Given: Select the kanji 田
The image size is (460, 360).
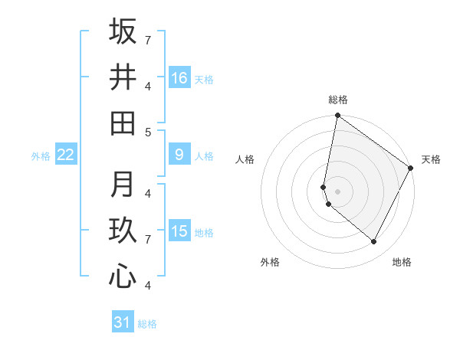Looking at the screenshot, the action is [123, 123].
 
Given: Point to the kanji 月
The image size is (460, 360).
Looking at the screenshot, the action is [123, 185].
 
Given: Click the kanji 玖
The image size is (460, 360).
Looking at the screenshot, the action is [123, 231].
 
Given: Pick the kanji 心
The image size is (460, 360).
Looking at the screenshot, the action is [123, 277].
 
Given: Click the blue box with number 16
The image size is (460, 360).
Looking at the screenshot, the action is [179, 78].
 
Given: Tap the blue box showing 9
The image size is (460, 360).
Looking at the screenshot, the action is [179, 155].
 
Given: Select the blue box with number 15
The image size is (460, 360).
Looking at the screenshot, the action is [179, 232].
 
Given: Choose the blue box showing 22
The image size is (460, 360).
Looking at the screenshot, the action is [65, 155].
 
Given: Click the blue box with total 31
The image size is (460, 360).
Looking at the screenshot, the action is [123, 322].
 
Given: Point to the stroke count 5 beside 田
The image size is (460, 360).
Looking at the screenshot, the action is [147, 132].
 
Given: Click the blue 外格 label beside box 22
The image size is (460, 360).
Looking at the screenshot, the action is [41, 156].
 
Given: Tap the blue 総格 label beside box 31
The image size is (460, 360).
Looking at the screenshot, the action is [147, 324].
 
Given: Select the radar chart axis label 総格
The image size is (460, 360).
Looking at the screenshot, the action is [338, 100].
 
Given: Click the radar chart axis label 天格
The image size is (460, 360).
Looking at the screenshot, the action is [431, 159].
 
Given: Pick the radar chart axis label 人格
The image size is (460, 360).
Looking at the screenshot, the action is [245, 159].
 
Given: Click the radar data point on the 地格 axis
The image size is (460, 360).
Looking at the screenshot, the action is [374, 241].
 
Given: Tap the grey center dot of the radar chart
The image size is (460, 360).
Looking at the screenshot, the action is [338, 191].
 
